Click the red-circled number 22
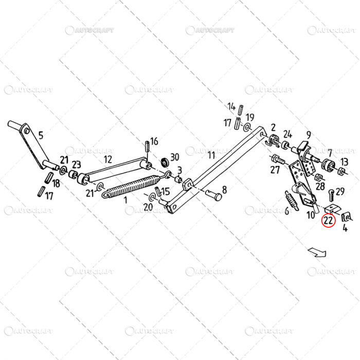[x=328, y=221]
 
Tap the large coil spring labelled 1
[x=131, y=186]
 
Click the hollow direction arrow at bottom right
[x=316, y=251]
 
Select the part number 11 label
[x=211, y=155]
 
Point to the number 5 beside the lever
[x=41, y=136]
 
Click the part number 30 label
[x=174, y=157]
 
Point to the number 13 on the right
[x=344, y=161]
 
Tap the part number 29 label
[x=340, y=191]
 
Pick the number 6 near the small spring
[x=286, y=211]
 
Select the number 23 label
[x=76, y=165]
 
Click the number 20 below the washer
[x=148, y=207]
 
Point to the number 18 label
[x=56, y=184]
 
